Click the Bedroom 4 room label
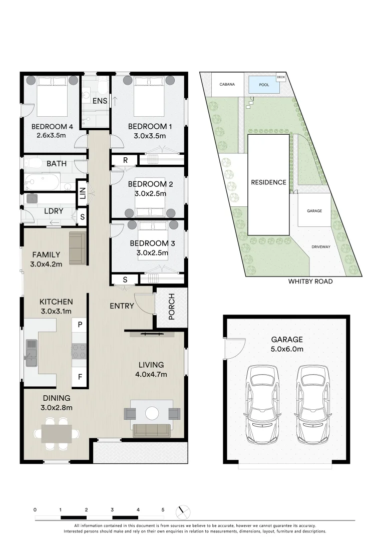point(52,127)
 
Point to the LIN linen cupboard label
point(82,191)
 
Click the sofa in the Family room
point(78,248)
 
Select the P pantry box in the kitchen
point(80,324)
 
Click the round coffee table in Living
point(152,413)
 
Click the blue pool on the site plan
point(264,84)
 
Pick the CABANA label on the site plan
point(227,85)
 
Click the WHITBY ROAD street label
point(310,282)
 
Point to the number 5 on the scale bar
point(163,509)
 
